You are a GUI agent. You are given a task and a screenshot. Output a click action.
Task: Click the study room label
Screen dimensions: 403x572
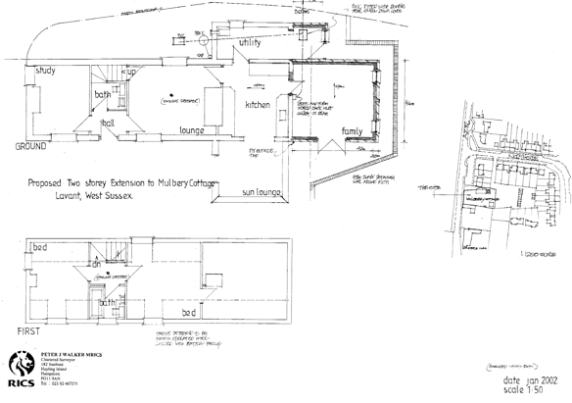tap(45, 72)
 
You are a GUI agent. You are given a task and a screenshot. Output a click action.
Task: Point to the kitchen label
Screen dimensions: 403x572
tap(258, 104)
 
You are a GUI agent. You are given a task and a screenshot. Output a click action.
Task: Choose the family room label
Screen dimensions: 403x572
tap(351, 130)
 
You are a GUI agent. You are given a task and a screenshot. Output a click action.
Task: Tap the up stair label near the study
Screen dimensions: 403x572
tap(130, 72)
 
